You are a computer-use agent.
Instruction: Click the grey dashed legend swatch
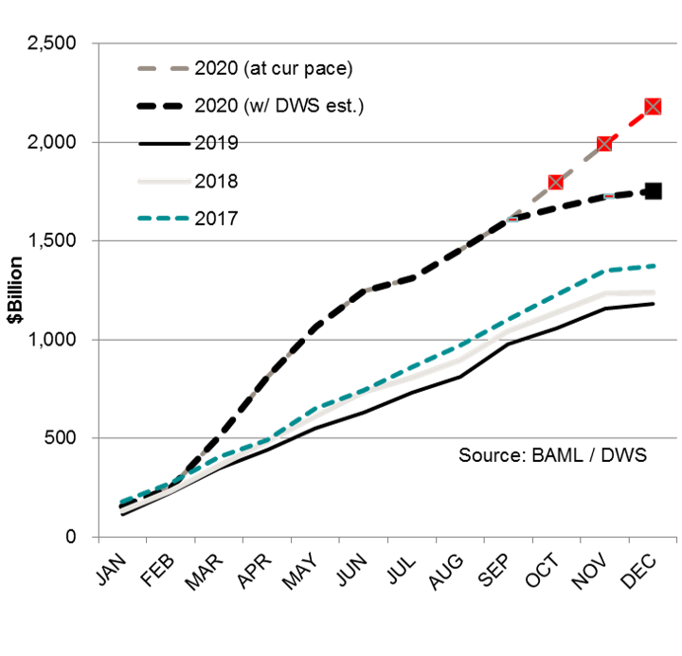pyautogui.click(x=163, y=68)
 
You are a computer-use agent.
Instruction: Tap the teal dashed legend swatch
pyautogui.click(x=163, y=219)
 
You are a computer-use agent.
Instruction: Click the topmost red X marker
pyautogui.click(x=653, y=106)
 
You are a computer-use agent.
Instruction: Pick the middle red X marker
pyautogui.click(x=604, y=144)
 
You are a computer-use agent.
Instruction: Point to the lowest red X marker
pyautogui.click(x=555, y=182)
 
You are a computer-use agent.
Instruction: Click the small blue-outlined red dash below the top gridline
pyautogui.click(x=609, y=196)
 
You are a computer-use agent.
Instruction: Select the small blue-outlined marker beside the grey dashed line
pyautogui.click(x=512, y=220)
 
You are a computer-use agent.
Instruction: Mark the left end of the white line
pyautogui.click(x=121, y=510)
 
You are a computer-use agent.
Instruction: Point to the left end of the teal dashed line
pyautogui.click(x=121, y=501)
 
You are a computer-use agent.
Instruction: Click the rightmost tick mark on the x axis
pyautogui.click(x=676, y=540)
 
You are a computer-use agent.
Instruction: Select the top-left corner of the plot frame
pyautogui.click(x=99, y=44)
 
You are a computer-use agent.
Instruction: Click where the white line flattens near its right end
pyautogui.click(x=607, y=293)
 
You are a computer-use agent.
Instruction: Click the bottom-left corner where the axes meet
pyautogui.click(x=99, y=537)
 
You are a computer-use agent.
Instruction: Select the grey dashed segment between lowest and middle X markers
pyautogui.click(x=580, y=163)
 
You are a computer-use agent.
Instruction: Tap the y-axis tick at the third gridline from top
pyautogui.click(x=96, y=240)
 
